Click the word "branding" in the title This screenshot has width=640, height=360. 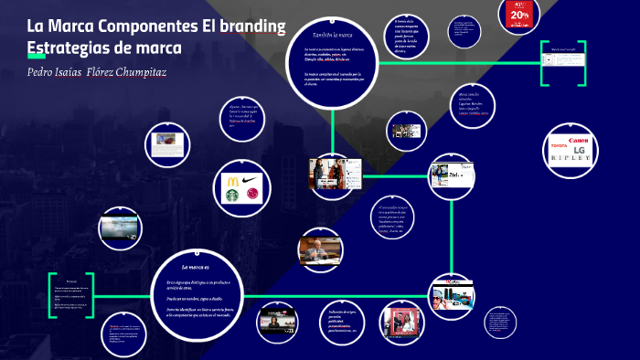click(253, 25)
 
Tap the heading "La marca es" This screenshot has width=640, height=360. click(196, 266)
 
